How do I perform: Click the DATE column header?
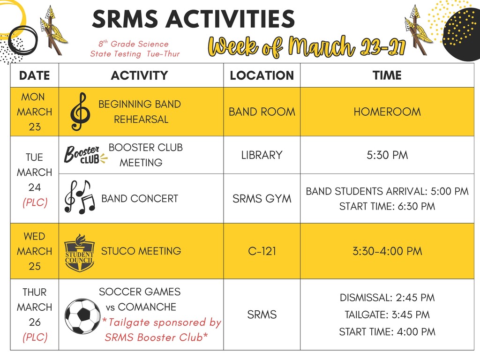[35, 75]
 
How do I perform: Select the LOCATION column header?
[262, 75]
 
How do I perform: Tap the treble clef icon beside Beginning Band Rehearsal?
[80, 112]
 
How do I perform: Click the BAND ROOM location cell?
[262, 112]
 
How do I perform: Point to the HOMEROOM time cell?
[387, 112]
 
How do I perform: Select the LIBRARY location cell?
[262, 155]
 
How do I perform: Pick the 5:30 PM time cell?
[387, 155]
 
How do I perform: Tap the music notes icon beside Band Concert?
[80, 197]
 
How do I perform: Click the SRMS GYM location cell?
[262, 199]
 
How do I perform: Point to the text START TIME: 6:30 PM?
[387, 206]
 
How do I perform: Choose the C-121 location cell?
[262, 251]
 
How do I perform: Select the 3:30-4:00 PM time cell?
[387, 251]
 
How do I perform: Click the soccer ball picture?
[82, 316]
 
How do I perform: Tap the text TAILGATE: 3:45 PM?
[387, 315]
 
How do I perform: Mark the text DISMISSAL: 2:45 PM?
[387, 298]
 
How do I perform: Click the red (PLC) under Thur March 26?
[35, 337]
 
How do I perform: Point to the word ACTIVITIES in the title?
[230, 19]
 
